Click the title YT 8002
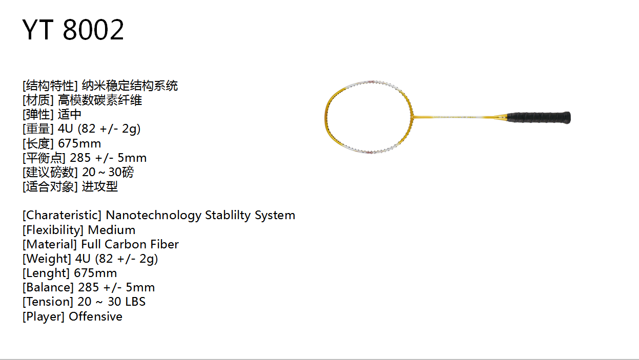pyautogui.click(x=73, y=29)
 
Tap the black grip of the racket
pyautogui.click(x=539, y=117)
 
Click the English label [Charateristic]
pyautogui.click(x=62, y=215)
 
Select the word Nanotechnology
pyautogui.click(x=153, y=216)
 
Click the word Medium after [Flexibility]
pyautogui.click(x=112, y=230)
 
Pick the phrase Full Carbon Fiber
pyautogui.click(x=130, y=244)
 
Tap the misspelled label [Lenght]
pyautogui.click(x=46, y=273)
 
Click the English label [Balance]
pyautogui.click(x=48, y=287)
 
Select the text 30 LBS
pyautogui.click(x=127, y=302)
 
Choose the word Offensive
pyautogui.click(x=95, y=316)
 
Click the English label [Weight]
pyautogui.click(x=47, y=259)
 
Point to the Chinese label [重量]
pyautogui.click(x=38, y=129)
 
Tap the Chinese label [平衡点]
pyautogui.click(x=44, y=158)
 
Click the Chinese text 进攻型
pyautogui.click(x=100, y=187)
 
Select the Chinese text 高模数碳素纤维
pyautogui.click(x=100, y=100)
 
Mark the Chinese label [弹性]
pyautogui.click(x=38, y=115)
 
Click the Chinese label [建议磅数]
pyautogui.click(x=50, y=172)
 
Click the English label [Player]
pyautogui.click(x=44, y=316)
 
